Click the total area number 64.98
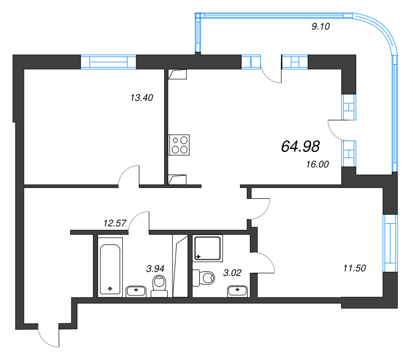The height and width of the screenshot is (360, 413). (x=300, y=147)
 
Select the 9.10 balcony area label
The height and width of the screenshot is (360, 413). (x=321, y=27)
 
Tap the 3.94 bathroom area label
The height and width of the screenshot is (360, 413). (x=156, y=268)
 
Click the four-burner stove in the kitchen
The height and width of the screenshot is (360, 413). (x=180, y=144)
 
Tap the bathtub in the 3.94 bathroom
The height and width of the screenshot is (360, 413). (x=110, y=267)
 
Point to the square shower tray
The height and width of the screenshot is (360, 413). (x=208, y=248)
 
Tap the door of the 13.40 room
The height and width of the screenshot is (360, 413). (x=129, y=176)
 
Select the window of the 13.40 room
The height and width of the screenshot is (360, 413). (x=108, y=61)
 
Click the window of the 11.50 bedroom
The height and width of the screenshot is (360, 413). (x=391, y=243)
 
